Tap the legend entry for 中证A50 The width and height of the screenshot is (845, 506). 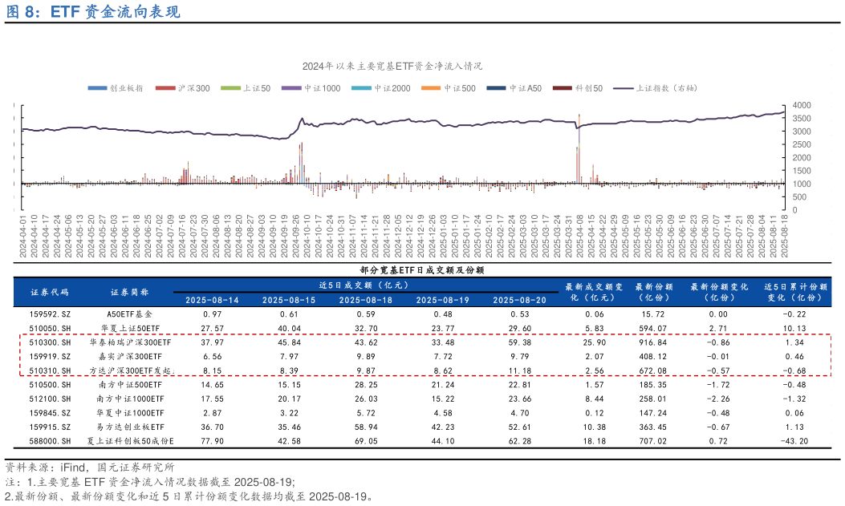coord(525,88)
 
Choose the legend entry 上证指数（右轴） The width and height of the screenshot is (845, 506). coord(665,88)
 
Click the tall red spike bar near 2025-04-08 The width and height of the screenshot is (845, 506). coord(579,148)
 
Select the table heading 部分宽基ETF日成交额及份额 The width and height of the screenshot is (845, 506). coord(421,270)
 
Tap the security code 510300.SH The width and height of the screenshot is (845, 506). coord(50,342)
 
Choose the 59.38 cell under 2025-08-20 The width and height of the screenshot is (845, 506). coord(520,342)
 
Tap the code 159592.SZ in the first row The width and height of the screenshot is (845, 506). coord(50,314)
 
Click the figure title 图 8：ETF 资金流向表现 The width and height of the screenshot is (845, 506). coord(93,12)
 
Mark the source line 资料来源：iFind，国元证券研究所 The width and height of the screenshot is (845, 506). coord(90,466)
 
